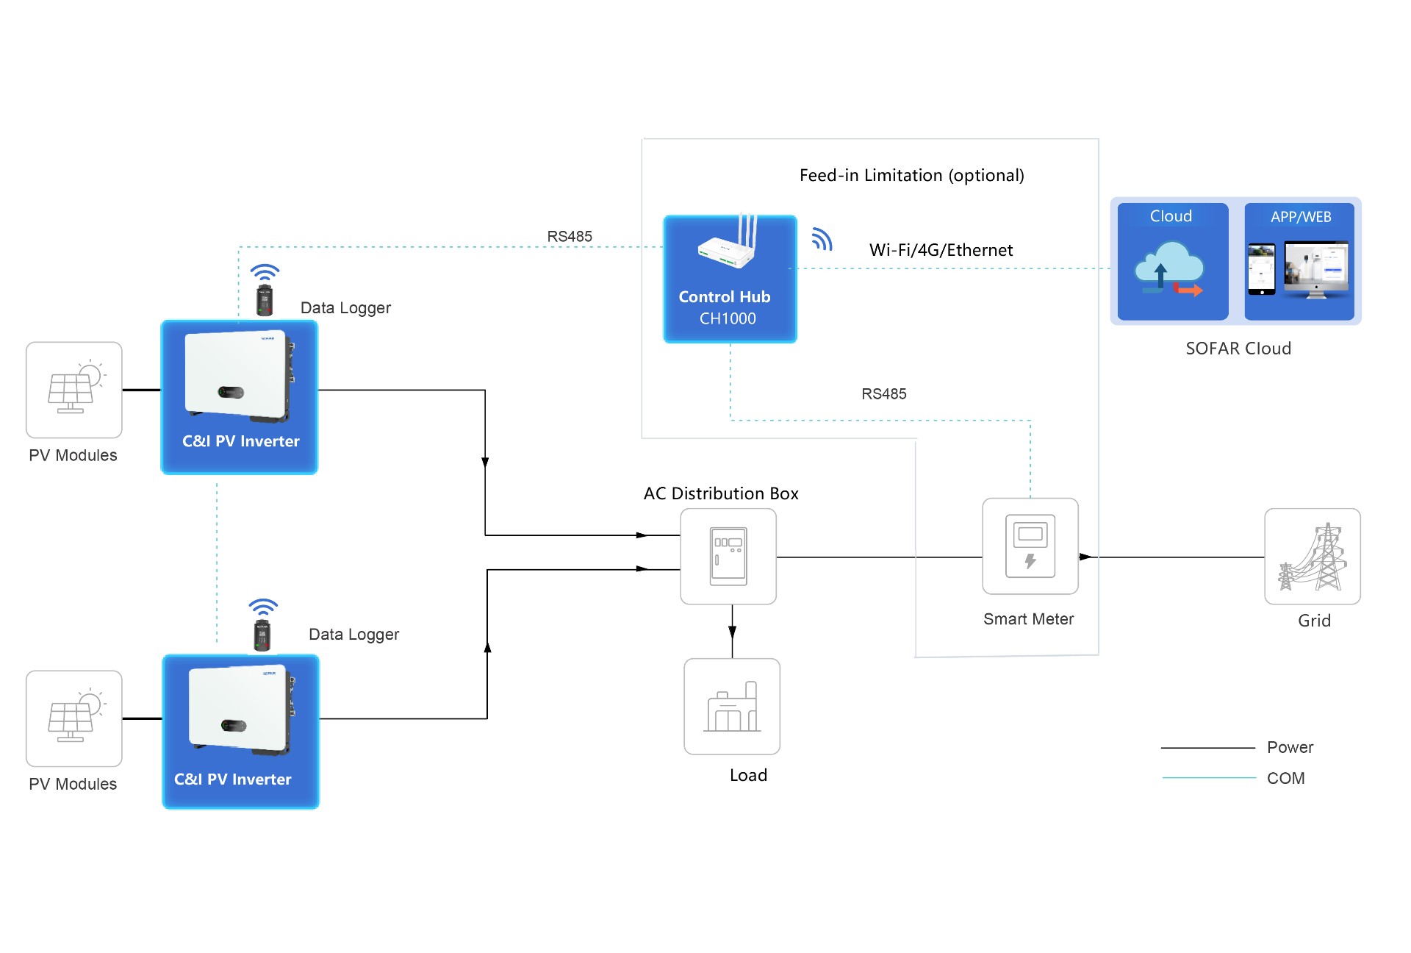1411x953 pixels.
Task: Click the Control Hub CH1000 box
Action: click(x=730, y=279)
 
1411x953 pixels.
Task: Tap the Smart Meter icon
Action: click(x=1030, y=546)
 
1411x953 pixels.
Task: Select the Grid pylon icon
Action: click(x=1312, y=557)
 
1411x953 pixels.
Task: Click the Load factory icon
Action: click(x=732, y=706)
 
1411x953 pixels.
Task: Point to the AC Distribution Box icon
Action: click(x=728, y=557)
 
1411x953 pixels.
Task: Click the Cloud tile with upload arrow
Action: click(x=1172, y=262)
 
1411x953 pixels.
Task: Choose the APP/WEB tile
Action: click(x=1299, y=262)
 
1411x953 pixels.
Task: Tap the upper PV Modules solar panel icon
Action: click(x=74, y=390)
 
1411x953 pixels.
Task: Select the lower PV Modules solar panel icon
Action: click(x=74, y=718)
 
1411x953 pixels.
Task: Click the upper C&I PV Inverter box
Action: click(x=240, y=397)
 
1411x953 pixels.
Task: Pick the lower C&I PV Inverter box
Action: click(x=240, y=732)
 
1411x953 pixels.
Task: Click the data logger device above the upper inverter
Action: click(x=264, y=301)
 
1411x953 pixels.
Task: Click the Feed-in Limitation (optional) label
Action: click(x=911, y=176)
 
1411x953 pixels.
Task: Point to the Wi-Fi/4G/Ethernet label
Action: click(x=941, y=251)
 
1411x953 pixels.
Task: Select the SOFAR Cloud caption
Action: click(x=1238, y=349)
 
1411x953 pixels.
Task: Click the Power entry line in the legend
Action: click(x=1207, y=748)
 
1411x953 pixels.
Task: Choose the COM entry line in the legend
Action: click(x=1209, y=778)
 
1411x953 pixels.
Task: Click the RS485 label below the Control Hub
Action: click(x=883, y=394)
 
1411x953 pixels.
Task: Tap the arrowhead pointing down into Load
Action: click(x=732, y=632)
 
